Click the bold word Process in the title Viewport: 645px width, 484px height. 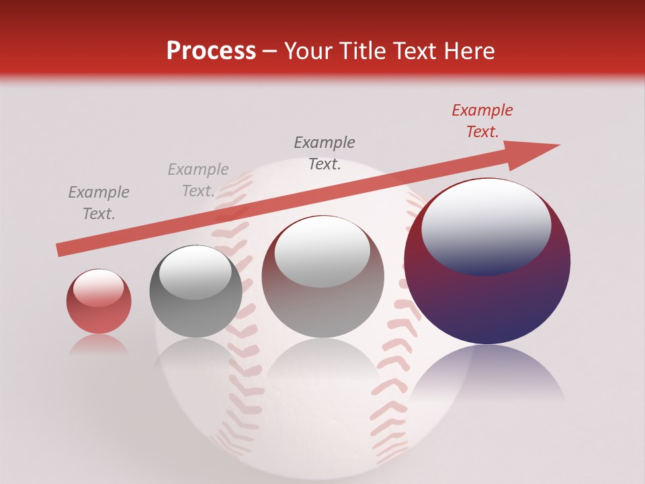coord(211,51)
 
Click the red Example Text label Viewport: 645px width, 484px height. coord(482,121)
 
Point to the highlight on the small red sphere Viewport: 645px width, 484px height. coord(98,288)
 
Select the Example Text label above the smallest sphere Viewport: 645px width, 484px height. coord(98,203)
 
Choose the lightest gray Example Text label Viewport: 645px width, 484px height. coord(198,180)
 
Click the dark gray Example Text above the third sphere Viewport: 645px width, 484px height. coord(325,153)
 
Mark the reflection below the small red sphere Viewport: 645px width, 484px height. coord(99,344)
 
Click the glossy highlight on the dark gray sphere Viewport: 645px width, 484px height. coord(196,272)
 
